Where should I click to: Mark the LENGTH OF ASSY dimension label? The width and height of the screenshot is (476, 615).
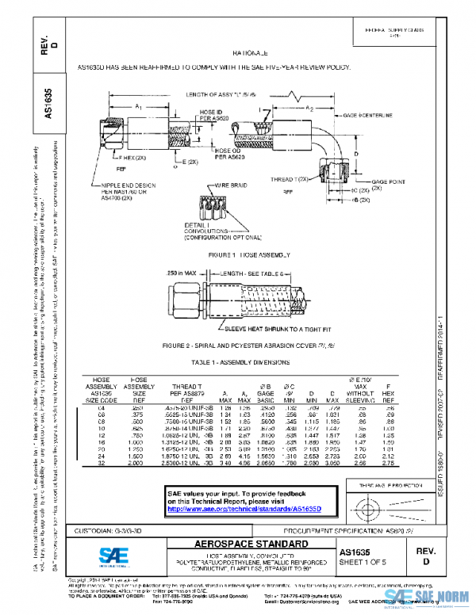point(221,94)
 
